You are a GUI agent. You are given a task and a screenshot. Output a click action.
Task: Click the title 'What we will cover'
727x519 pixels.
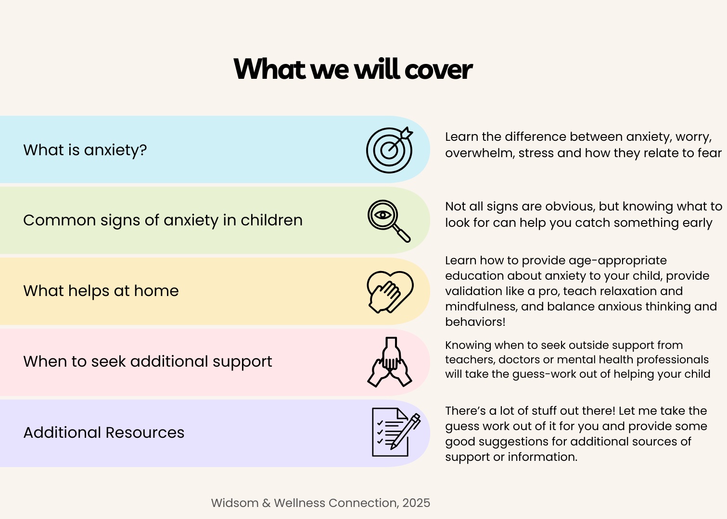[353, 69]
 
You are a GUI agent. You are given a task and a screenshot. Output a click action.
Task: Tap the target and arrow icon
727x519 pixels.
[389, 150]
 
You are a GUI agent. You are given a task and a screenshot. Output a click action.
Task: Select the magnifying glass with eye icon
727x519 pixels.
[389, 221]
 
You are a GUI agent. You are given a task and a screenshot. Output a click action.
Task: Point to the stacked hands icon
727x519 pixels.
[390, 362]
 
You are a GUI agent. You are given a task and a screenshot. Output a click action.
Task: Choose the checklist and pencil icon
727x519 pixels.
[396, 432]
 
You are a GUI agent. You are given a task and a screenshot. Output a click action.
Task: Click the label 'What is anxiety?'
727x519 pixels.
[85, 150]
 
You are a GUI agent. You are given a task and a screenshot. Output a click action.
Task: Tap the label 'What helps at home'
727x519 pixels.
[101, 291]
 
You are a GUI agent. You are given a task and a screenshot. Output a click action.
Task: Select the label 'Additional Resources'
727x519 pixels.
[104, 432]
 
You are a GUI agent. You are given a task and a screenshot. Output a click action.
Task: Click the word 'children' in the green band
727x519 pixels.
[272, 220]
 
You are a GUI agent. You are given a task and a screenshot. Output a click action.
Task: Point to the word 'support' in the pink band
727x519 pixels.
[242, 361]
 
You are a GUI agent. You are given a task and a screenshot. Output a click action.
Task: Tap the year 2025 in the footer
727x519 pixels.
[416, 503]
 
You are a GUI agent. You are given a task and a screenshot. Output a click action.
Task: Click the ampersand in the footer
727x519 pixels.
[266, 503]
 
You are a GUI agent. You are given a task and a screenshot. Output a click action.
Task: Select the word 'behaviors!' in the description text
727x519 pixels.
[475, 322]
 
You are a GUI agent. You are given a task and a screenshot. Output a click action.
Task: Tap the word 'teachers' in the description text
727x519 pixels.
[470, 360]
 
